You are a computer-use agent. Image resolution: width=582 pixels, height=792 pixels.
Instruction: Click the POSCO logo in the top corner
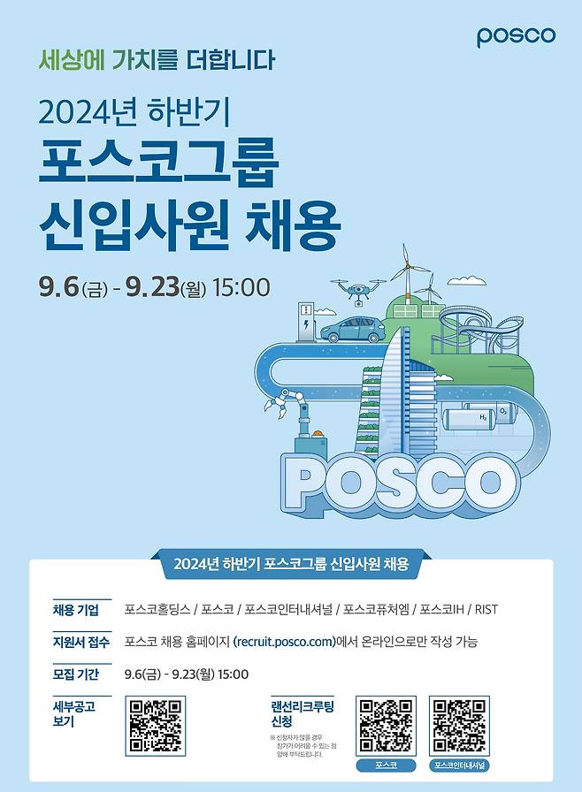[516, 36]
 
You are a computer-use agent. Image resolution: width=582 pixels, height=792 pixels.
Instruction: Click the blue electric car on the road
[351, 330]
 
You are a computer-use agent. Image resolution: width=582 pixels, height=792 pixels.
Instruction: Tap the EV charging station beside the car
[305, 323]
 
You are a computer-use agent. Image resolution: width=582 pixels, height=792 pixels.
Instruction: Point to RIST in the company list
[486, 610]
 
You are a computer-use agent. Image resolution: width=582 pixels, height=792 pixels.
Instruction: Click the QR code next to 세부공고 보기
[156, 726]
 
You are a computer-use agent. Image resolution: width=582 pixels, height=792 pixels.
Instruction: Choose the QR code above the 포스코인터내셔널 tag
[459, 726]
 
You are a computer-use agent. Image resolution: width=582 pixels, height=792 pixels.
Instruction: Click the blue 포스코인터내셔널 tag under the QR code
[459, 765]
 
